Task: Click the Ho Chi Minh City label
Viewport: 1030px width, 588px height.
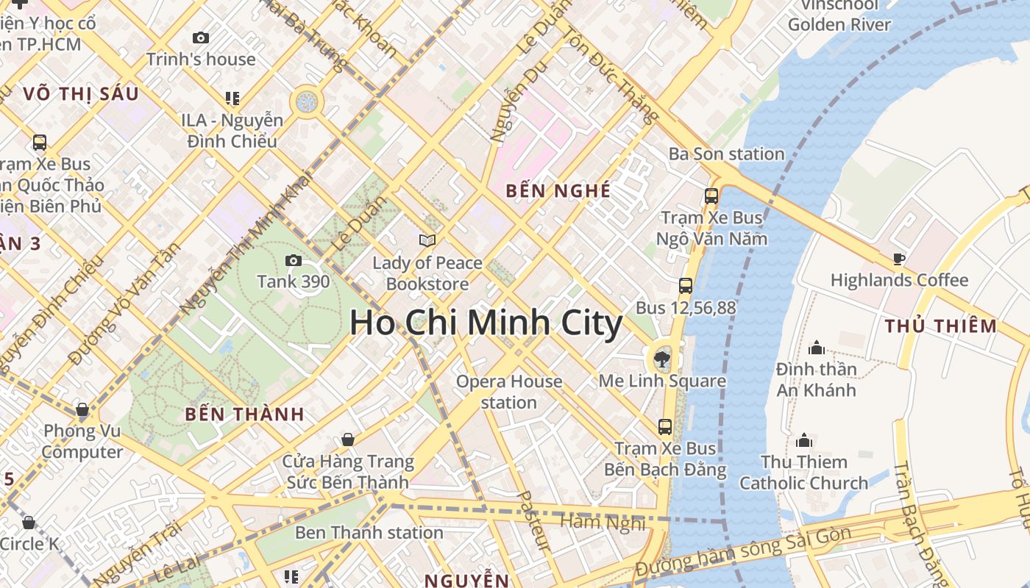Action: click(x=486, y=323)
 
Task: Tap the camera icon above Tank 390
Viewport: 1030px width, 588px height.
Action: click(x=293, y=260)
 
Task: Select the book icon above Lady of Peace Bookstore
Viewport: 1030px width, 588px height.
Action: click(x=427, y=240)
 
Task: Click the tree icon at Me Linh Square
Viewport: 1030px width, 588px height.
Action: click(x=661, y=359)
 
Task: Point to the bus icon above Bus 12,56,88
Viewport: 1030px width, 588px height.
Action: click(x=686, y=286)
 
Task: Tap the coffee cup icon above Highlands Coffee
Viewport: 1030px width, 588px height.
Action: click(x=898, y=259)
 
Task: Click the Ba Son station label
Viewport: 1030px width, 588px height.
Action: click(x=726, y=154)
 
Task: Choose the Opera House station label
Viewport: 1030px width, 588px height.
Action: click(x=509, y=392)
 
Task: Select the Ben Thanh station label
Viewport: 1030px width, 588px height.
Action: click(x=369, y=532)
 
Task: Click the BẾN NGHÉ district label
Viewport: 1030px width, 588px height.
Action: click(x=558, y=191)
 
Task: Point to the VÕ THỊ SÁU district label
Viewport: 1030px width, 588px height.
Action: click(x=81, y=94)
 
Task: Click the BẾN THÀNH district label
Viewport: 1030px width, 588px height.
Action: click(x=244, y=414)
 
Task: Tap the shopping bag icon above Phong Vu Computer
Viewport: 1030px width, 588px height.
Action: click(x=82, y=409)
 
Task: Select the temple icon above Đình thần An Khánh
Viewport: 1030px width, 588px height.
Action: click(x=816, y=348)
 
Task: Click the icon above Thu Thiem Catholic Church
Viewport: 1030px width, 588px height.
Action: click(x=804, y=440)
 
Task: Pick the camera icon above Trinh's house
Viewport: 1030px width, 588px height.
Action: click(x=200, y=38)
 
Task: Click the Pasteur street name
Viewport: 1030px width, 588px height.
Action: click(x=534, y=520)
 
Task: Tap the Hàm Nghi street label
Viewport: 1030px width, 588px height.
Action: click(x=603, y=523)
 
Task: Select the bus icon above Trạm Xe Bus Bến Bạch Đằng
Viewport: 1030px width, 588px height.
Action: click(x=665, y=426)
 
